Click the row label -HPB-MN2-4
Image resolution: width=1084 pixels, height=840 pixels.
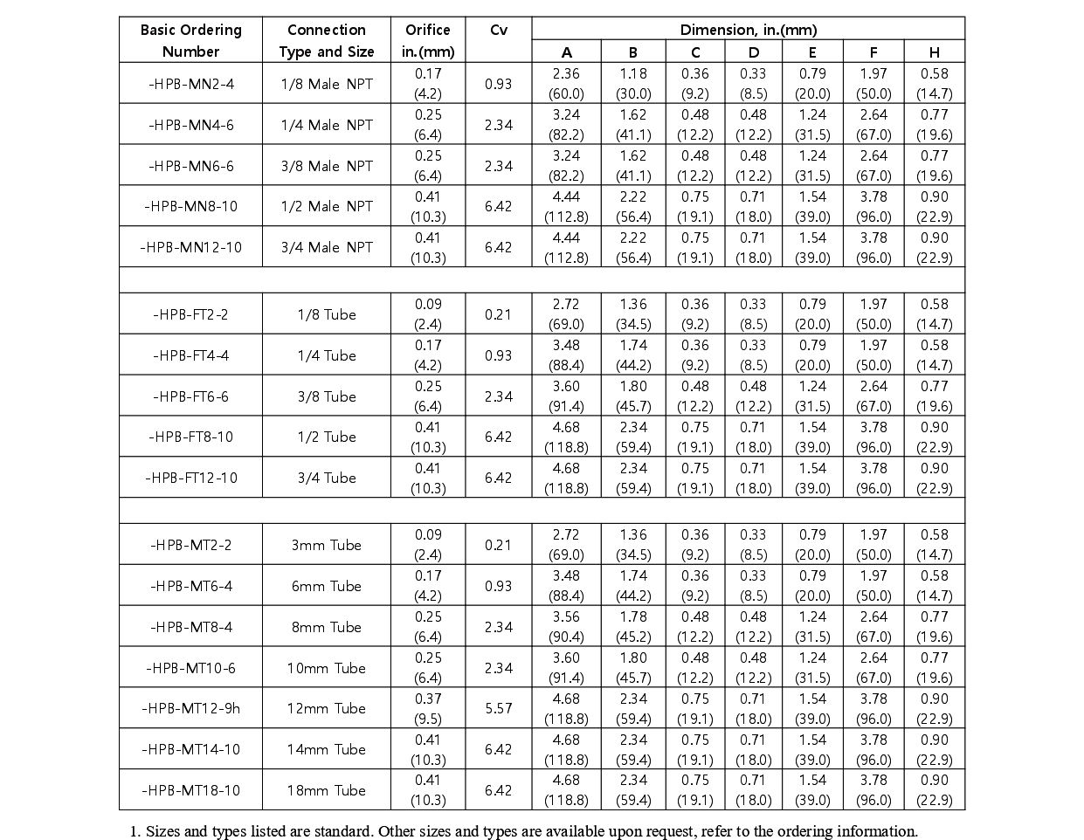coord(190,84)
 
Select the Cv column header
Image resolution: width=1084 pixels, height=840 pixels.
coord(498,30)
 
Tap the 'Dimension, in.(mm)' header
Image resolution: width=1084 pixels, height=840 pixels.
coord(748,29)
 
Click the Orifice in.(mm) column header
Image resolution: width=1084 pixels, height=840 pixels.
coord(428,40)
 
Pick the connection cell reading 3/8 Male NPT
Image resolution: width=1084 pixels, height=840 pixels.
coord(327,166)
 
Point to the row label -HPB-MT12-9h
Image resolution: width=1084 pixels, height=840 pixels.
coord(190,708)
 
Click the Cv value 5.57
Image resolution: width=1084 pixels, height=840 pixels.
coord(498,708)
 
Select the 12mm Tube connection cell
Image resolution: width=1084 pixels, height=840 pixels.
coord(327,708)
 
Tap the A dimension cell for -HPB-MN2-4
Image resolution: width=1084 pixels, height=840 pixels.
coord(566,84)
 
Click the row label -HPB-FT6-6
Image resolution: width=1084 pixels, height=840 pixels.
coord(190,396)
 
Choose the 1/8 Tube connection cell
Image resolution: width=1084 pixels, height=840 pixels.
coord(327,314)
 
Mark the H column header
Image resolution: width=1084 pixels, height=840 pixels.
coord(934,52)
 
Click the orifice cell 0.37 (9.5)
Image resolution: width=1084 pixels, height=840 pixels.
coord(428,708)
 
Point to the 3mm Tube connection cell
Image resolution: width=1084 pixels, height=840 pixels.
coord(327,545)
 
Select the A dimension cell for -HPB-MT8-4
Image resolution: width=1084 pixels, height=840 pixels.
coord(566,627)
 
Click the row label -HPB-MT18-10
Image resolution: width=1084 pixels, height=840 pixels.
coord(190,790)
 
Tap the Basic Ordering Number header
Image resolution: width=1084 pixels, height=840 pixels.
coord(190,40)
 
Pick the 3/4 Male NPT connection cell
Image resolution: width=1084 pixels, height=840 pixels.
coord(327,247)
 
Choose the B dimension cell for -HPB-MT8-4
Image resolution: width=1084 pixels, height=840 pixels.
coord(632,627)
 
